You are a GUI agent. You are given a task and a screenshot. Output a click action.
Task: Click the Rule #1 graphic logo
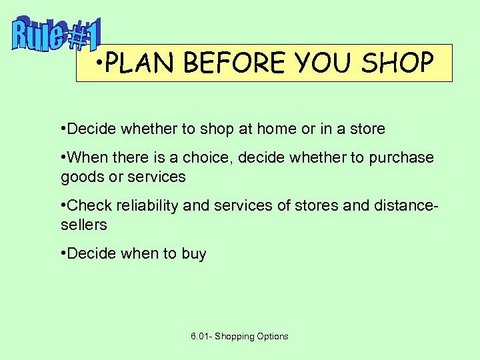[x=57, y=35]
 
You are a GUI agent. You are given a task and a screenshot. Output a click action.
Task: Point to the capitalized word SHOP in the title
[x=398, y=63]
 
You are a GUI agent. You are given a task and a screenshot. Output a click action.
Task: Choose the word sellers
[x=83, y=225]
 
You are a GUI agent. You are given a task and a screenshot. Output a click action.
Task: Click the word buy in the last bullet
[x=193, y=254]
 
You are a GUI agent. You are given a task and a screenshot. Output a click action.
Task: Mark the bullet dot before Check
[x=63, y=204]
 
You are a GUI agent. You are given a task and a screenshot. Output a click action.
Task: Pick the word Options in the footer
[x=273, y=336]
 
